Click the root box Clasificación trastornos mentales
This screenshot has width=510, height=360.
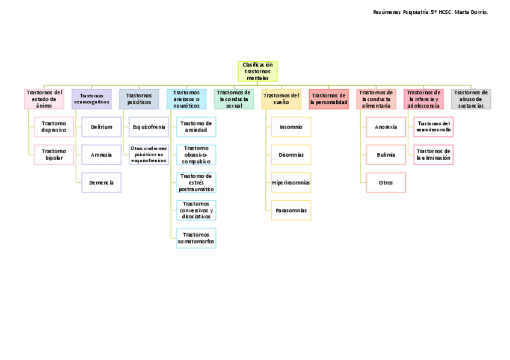coord(257,71)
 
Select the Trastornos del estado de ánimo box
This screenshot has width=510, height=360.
coord(44,99)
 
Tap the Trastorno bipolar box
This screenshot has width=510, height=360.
coord(54,154)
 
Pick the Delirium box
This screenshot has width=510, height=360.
coord(102,127)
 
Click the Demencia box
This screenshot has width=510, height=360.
coord(102,182)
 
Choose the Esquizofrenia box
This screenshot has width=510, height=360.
coord(149,127)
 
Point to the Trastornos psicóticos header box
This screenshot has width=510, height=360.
coord(139,99)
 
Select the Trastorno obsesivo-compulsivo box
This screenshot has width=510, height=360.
coord(196,154)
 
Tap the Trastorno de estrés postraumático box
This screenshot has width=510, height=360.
coord(196,182)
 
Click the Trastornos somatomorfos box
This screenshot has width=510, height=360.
coord(196,238)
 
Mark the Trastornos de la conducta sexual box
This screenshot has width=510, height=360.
coord(233,99)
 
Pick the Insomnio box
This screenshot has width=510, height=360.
coord(291,127)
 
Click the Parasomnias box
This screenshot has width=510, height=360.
coord(291,210)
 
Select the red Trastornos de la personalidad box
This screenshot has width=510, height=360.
coord(328,99)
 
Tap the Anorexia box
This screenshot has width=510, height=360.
coord(386,127)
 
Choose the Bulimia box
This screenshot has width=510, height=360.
coord(386,154)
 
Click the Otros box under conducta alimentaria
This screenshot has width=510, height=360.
coord(386,182)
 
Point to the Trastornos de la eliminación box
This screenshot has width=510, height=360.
coord(434,154)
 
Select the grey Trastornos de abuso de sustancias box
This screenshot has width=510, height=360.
coord(471,99)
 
